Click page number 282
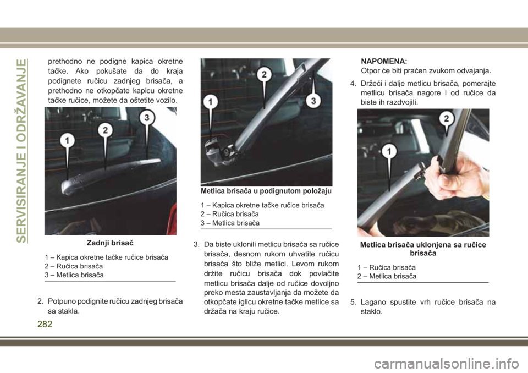tap(45, 324)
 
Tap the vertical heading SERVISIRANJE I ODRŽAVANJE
tap(21, 151)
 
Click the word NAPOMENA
tap(384, 61)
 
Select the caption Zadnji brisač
tap(110, 243)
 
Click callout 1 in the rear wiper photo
tap(67, 140)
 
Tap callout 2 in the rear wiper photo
tap(106, 130)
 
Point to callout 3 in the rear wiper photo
tap(147, 118)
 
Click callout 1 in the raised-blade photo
tap(211, 101)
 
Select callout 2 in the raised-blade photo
tap(265, 74)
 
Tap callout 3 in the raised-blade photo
tap(313, 101)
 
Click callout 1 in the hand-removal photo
tap(389, 152)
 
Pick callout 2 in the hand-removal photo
tap(447, 119)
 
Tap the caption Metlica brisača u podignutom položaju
tap(266, 191)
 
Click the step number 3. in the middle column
tap(196, 244)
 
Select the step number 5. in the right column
tap(353, 302)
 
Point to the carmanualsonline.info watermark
tap(447, 364)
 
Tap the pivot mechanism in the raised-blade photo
tap(221, 152)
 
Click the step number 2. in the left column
tap(40, 301)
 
